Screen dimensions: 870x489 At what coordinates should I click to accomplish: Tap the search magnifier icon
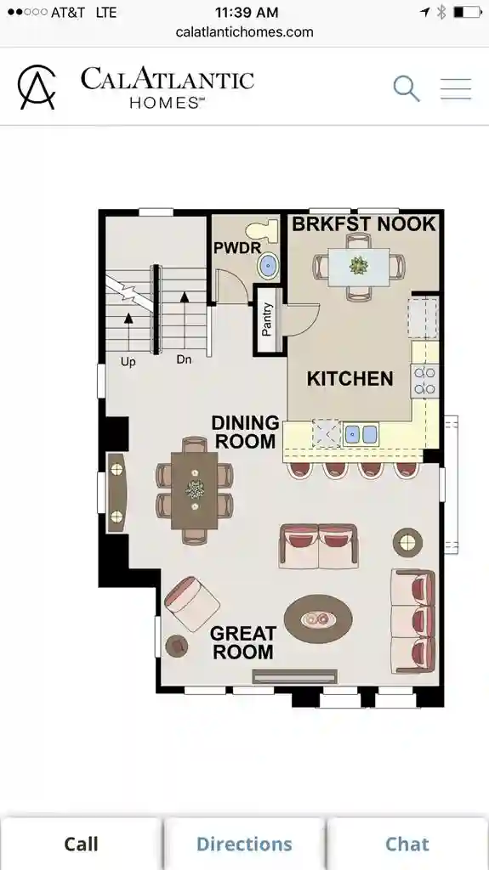pyautogui.click(x=407, y=88)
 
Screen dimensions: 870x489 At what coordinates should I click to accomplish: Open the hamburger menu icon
pyautogui.click(x=456, y=89)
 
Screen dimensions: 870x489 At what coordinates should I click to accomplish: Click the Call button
pyautogui.click(x=82, y=844)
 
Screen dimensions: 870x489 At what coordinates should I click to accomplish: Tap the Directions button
pyautogui.click(x=244, y=844)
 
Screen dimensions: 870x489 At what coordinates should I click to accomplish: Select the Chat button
pyautogui.click(x=407, y=844)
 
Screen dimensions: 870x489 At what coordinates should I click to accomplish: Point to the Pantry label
pyautogui.click(x=268, y=319)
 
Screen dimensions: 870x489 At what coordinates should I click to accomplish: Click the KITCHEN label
pyautogui.click(x=350, y=379)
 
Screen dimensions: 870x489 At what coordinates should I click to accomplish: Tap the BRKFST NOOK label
pyautogui.click(x=364, y=224)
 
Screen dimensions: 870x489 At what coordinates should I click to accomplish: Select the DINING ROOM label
pyautogui.click(x=245, y=432)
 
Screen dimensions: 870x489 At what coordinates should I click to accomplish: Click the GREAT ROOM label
pyautogui.click(x=243, y=642)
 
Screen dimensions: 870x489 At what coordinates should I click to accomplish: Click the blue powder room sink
pyautogui.click(x=268, y=264)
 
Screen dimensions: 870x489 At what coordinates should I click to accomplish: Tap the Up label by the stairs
pyautogui.click(x=128, y=361)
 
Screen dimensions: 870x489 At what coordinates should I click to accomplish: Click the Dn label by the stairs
pyautogui.click(x=185, y=360)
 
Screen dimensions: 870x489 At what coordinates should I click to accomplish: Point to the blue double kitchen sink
pyautogui.click(x=361, y=434)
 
